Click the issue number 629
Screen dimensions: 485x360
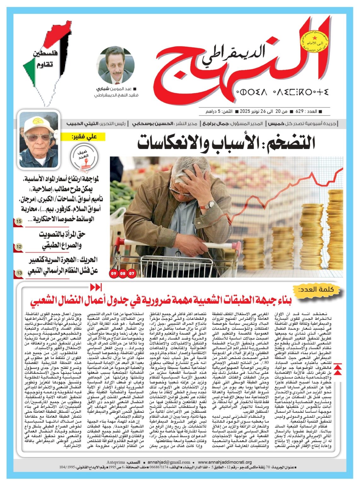299,111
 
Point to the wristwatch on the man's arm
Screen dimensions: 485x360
210,205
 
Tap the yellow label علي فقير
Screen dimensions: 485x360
84,137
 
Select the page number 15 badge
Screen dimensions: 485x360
19,222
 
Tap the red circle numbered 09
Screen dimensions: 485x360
113,273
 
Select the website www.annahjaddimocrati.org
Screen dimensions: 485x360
225,462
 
